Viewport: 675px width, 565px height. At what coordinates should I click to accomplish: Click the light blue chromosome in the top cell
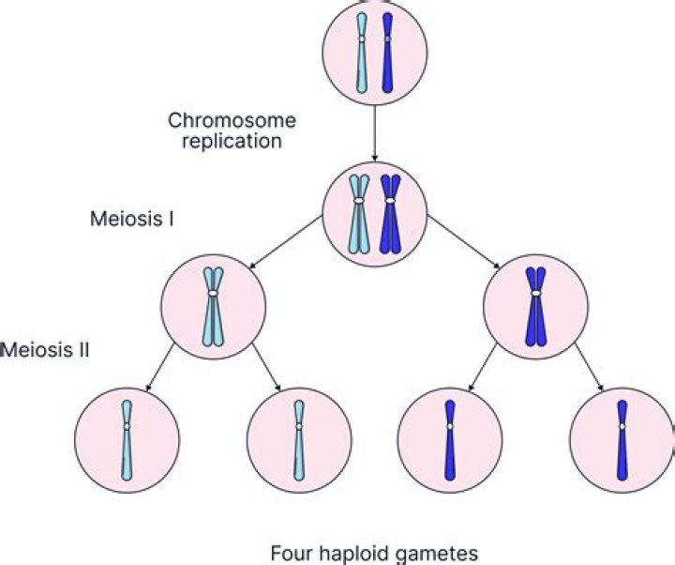click(362, 53)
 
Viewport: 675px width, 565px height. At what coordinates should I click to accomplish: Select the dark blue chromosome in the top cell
click(388, 53)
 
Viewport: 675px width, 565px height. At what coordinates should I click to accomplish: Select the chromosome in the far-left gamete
click(127, 438)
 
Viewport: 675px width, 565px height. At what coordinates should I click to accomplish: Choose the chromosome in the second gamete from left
click(299, 438)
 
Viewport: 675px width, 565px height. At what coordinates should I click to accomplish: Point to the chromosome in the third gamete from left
click(450, 438)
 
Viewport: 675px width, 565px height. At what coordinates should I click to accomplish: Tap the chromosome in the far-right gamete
click(622, 438)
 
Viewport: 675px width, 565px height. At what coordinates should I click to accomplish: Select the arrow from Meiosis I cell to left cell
click(286, 250)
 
